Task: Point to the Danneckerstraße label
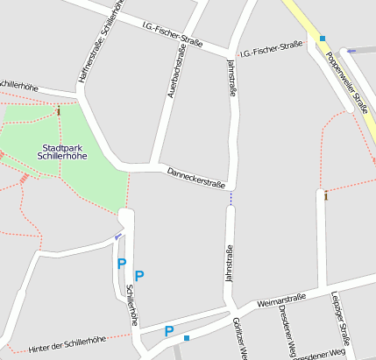point(196,178)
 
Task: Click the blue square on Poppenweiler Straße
point(323,39)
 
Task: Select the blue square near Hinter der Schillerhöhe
point(187,337)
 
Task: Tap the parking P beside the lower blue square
point(169,331)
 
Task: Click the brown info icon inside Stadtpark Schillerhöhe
point(59,111)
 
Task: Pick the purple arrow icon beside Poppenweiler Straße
point(351,51)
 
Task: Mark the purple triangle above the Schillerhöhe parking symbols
point(118,236)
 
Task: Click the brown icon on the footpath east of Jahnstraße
point(325,194)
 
